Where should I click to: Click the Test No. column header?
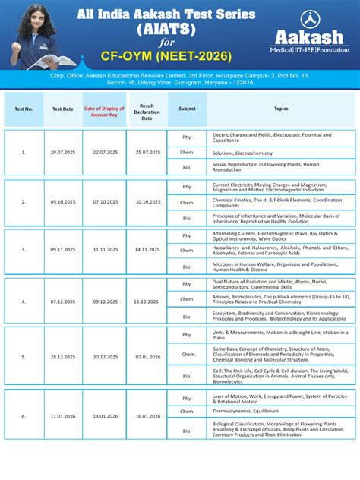(24, 109)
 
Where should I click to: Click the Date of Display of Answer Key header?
(104, 109)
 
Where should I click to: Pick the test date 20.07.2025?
(63, 152)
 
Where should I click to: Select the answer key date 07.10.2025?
(105, 202)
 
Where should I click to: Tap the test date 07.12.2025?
(63, 301)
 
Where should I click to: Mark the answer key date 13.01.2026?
(105, 416)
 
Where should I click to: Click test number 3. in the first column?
(24, 249)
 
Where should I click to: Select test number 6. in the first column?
(24, 416)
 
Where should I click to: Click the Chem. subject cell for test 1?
(187, 152)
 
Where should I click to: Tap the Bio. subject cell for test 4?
(187, 315)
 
